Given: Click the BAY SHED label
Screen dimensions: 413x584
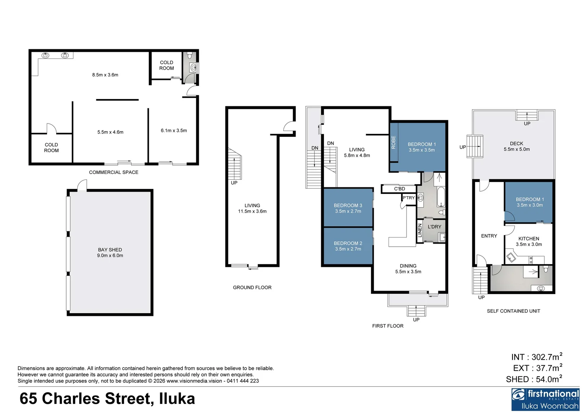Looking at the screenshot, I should point(110,250).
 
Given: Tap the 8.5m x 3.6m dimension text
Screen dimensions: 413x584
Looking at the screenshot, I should point(105,75).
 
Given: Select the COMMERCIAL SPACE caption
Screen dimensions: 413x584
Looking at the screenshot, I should point(114,172).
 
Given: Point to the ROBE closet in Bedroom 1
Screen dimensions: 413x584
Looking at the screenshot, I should point(394,142).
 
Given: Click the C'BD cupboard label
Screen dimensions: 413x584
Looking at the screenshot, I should point(399,189).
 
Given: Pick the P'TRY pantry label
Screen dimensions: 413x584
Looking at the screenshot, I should point(408,198).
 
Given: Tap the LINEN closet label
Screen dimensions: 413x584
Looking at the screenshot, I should point(420,230).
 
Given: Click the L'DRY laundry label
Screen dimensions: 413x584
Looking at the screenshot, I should point(434,227).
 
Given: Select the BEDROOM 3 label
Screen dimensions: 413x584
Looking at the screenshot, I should point(348,205).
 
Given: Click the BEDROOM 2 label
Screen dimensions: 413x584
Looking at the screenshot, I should point(348,243).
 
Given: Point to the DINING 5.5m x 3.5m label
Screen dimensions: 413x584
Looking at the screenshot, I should point(408,269).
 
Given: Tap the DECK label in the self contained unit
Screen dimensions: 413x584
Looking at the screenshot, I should point(516,144).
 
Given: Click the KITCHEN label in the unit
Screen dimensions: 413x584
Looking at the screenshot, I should point(529,239).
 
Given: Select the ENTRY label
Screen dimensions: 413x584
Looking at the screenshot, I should point(489,236).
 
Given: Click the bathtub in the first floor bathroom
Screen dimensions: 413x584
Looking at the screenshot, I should point(441,197).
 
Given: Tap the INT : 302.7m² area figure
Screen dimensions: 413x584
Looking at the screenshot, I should point(537,357).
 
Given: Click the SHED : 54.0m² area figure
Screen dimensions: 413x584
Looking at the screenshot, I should point(534,379).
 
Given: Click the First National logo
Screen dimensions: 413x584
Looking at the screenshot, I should point(545,399).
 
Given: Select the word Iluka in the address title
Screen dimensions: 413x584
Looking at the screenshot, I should point(177,398).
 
